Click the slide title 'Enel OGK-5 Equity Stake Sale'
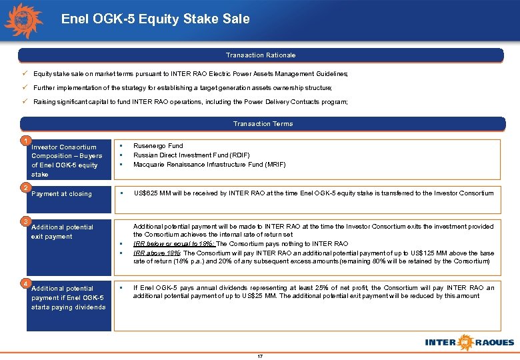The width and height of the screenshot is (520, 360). [x=155, y=19]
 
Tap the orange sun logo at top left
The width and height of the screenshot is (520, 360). [x=23, y=20]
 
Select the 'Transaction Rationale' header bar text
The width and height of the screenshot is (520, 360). [x=260, y=55]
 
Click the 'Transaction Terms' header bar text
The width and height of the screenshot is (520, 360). [x=263, y=123]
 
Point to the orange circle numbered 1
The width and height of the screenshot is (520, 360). [x=24, y=141]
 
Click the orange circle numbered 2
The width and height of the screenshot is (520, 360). [x=24, y=187]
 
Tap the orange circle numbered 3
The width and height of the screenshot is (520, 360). [x=24, y=221]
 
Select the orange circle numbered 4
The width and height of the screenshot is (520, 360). [x=24, y=283]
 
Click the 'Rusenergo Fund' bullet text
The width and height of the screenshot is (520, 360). [x=158, y=145]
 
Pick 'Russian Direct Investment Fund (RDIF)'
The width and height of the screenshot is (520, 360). [x=191, y=155]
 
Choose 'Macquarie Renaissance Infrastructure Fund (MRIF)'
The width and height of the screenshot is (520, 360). [x=209, y=164]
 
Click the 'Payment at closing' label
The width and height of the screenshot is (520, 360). [x=61, y=194]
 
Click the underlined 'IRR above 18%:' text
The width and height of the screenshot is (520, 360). [x=157, y=253]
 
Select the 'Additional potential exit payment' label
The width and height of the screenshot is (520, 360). [x=62, y=231]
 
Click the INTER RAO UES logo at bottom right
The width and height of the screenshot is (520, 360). [x=469, y=342]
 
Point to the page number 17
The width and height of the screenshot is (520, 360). [x=260, y=356]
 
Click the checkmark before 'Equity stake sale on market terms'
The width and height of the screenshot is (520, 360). [x=24, y=73]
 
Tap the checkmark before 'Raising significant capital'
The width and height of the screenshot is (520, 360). [x=24, y=101]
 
